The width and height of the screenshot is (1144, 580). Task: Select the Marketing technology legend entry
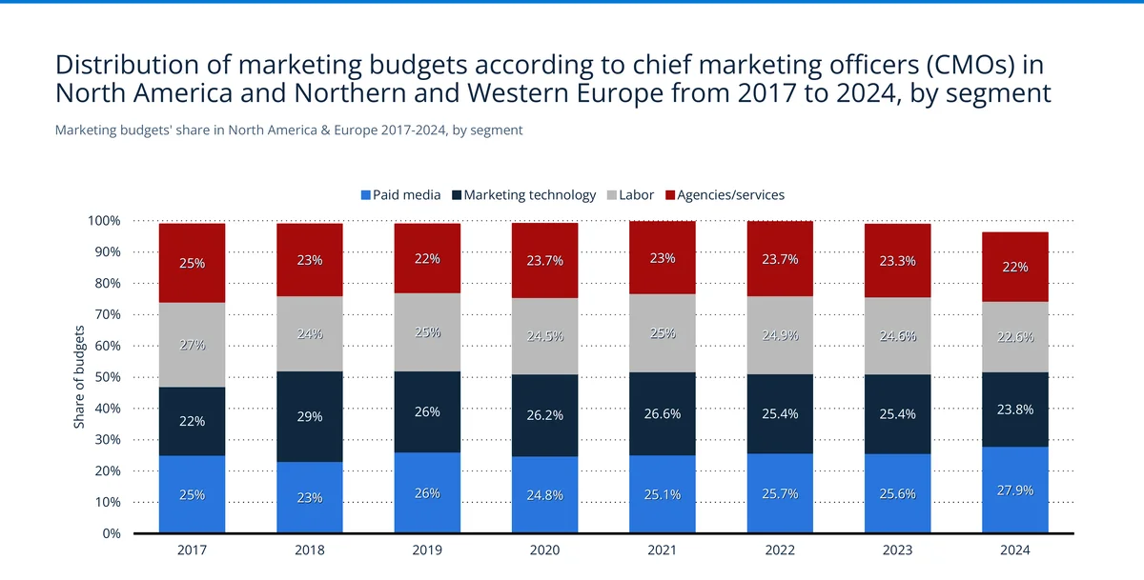pyautogui.click(x=523, y=195)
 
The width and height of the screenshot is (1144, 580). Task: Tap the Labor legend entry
pyautogui.click(x=629, y=195)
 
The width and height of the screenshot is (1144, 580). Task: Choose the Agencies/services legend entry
pyautogui.click(x=724, y=195)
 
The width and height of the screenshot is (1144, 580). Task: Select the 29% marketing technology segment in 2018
pyautogui.click(x=310, y=416)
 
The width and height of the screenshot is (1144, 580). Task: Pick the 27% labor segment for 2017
pyautogui.click(x=192, y=345)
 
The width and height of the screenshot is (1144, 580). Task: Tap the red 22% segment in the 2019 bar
pyautogui.click(x=427, y=258)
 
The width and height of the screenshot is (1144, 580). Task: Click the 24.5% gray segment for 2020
pyautogui.click(x=544, y=336)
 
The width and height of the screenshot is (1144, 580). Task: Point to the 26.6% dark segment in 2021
pyautogui.click(x=663, y=414)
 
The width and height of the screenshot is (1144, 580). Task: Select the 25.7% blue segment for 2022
pyautogui.click(x=780, y=493)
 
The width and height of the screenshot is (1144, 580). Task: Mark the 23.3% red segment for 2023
pyautogui.click(x=897, y=261)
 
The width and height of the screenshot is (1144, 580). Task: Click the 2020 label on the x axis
pyautogui.click(x=544, y=550)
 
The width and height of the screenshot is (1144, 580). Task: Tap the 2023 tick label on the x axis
pyautogui.click(x=897, y=550)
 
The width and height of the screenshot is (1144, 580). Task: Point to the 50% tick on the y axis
pyautogui.click(x=106, y=377)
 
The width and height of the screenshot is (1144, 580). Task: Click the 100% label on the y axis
pyautogui.click(x=103, y=221)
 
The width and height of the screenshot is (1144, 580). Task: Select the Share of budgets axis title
pyautogui.click(x=80, y=377)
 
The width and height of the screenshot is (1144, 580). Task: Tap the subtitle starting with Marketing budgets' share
pyautogui.click(x=288, y=130)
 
